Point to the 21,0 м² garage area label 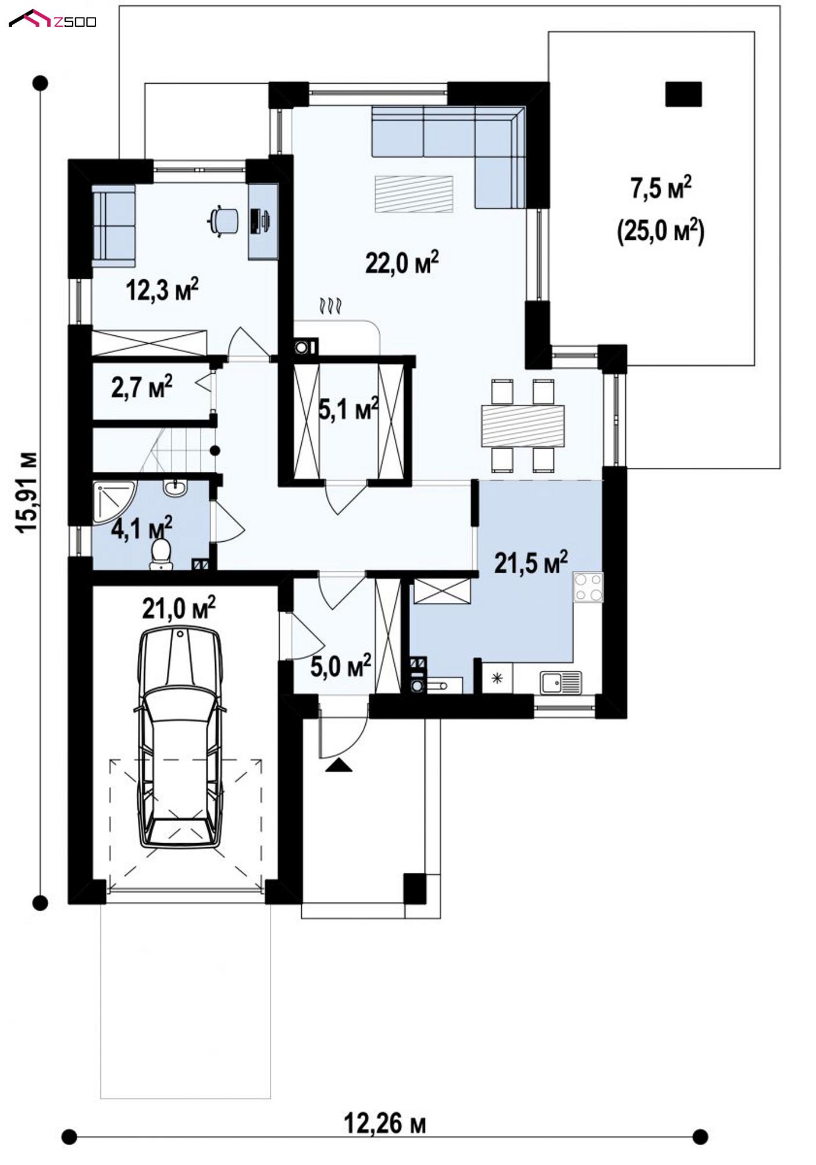click(x=179, y=608)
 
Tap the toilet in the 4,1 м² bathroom click(x=161, y=553)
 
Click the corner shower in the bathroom click(x=114, y=503)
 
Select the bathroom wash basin click(x=174, y=488)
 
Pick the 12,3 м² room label click(x=162, y=289)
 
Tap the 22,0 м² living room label click(x=401, y=262)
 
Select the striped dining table click(x=523, y=425)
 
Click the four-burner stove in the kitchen click(x=588, y=587)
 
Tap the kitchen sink click(x=561, y=682)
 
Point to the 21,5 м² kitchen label click(x=531, y=563)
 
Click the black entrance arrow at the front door click(x=339, y=765)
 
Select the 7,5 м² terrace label click(x=661, y=189)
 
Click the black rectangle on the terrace click(x=683, y=94)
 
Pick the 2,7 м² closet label click(x=141, y=387)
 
